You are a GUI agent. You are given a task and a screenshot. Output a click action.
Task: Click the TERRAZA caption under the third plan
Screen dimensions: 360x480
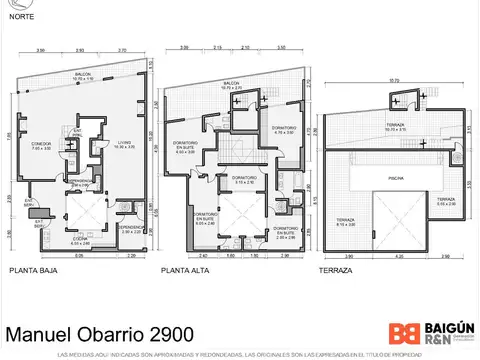click(x=336, y=270)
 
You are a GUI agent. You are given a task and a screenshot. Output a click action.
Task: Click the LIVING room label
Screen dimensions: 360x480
click(x=123, y=144)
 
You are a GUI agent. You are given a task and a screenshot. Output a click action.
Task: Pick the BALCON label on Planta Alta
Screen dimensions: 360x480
click(x=231, y=84)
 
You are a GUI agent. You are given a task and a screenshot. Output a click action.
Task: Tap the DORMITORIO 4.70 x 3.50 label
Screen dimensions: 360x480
click(x=283, y=130)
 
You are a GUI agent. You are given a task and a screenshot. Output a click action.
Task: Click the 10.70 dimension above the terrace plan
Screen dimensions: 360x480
click(x=394, y=81)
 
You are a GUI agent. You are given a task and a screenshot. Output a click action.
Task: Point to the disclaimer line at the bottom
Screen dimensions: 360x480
click(x=240, y=355)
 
